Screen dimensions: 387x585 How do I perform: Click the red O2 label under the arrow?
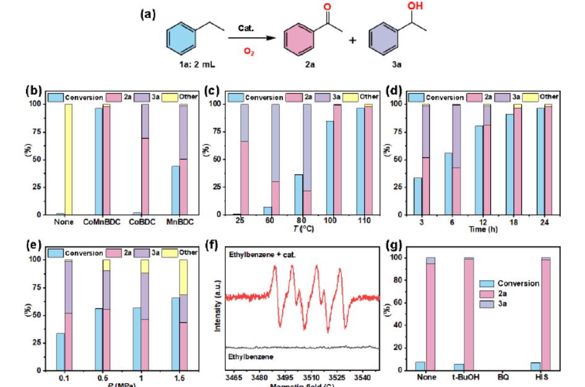point(248,53)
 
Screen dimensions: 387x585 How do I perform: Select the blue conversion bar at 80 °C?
point(298,194)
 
